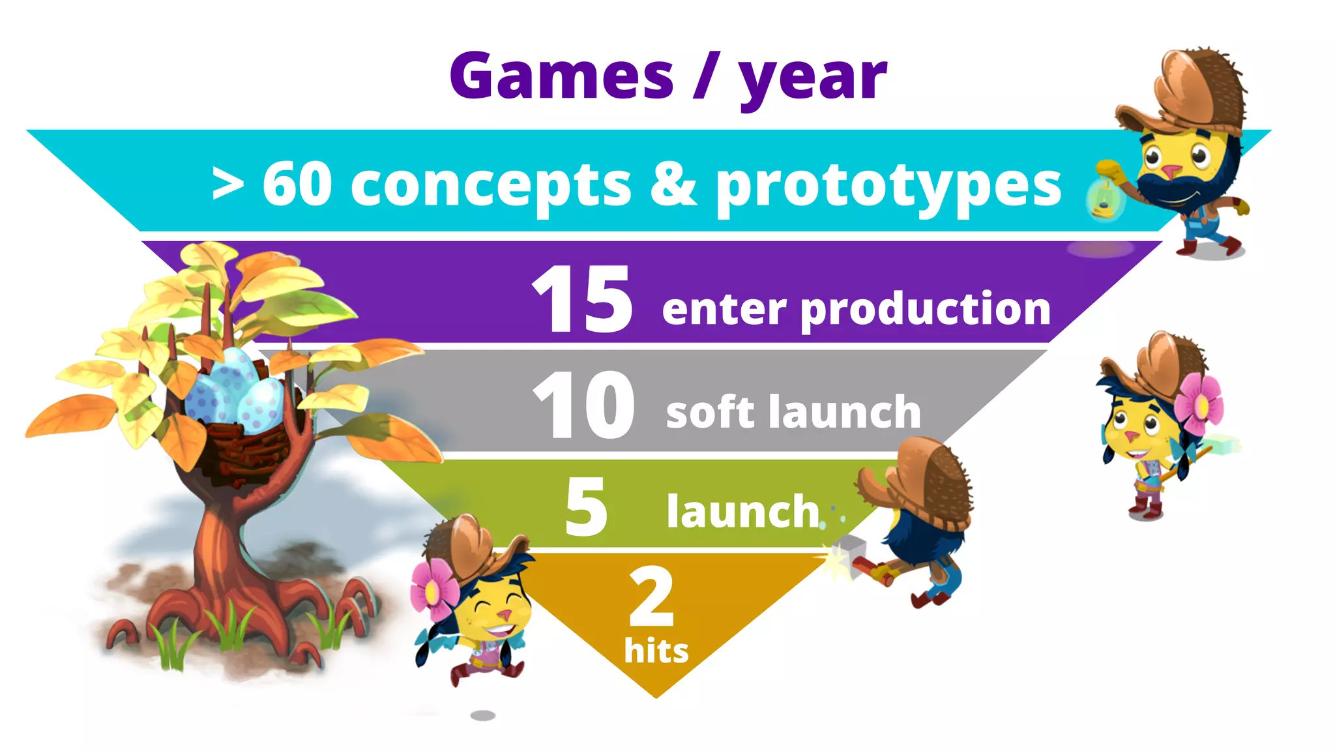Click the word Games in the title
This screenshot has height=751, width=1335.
561,77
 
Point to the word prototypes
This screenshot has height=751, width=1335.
888,188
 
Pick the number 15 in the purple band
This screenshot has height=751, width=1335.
582,299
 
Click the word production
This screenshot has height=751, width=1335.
925,310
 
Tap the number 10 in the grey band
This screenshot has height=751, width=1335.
583,405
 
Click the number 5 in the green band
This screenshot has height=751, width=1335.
586,507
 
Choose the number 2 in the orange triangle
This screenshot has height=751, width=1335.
651,596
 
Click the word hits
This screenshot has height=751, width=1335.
656,651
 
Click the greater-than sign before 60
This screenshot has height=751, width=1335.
227,185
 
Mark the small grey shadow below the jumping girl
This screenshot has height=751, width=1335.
483,715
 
